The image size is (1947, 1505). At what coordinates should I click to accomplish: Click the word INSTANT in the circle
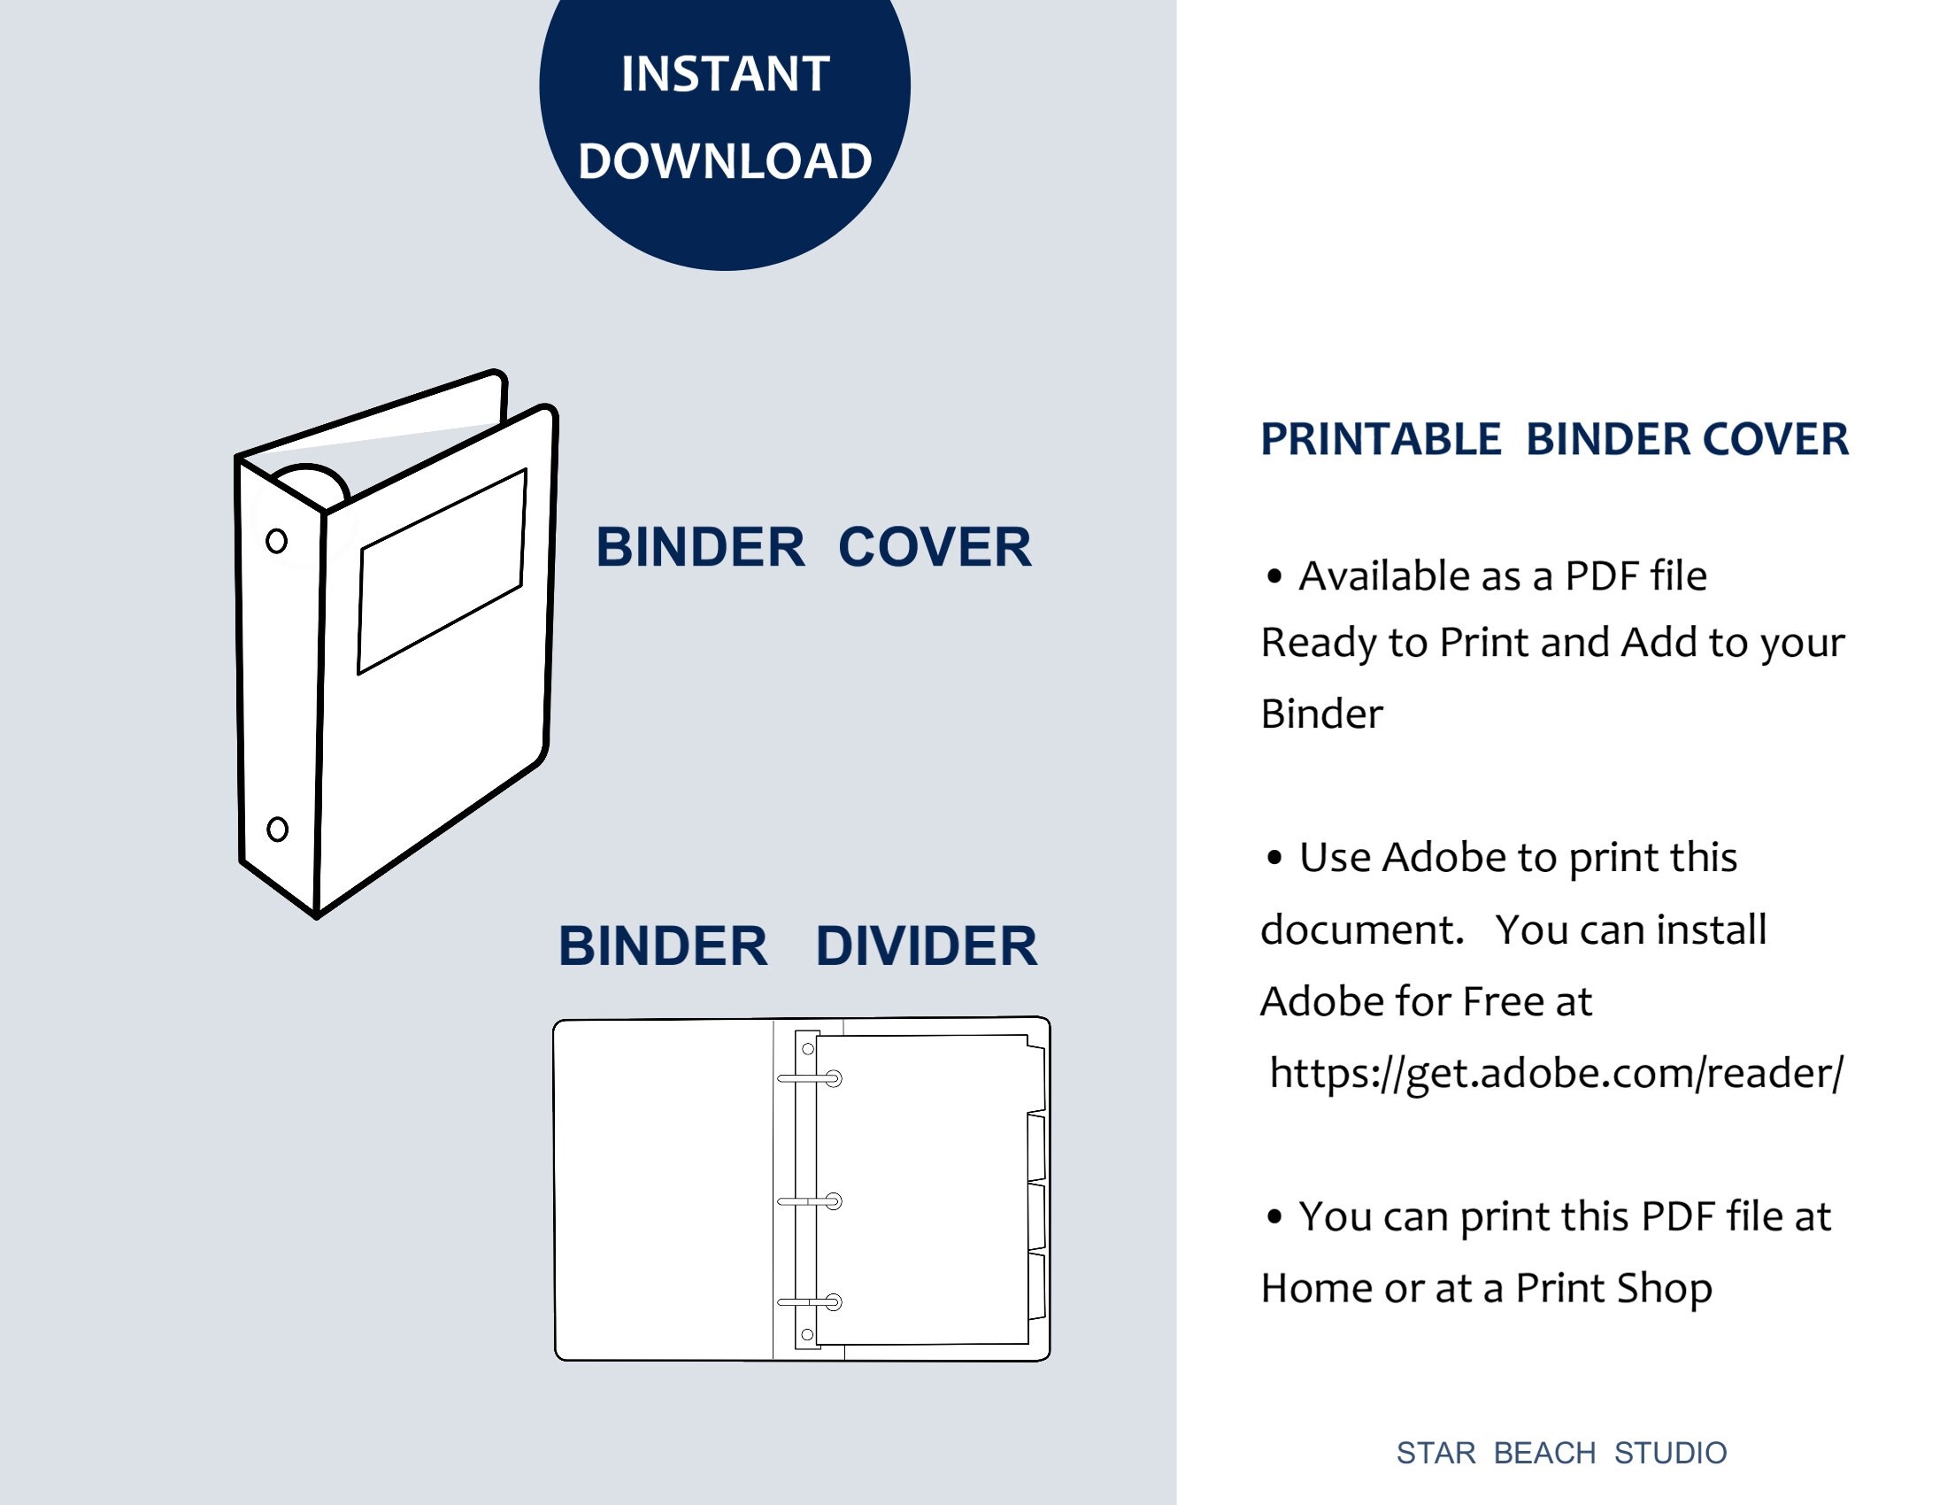(725, 74)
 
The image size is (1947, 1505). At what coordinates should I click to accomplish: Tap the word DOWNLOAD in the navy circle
(725, 161)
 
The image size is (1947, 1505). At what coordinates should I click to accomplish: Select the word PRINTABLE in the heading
(1380, 440)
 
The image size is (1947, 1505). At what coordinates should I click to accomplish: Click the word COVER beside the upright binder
(935, 546)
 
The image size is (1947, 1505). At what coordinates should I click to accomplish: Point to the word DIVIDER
(927, 945)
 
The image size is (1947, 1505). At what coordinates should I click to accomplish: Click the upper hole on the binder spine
(276, 540)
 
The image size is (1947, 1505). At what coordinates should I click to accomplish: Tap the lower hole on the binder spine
(277, 830)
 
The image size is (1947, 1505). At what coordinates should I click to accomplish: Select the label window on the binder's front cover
(442, 571)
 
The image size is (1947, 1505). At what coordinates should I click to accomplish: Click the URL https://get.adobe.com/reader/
(1556, 1073)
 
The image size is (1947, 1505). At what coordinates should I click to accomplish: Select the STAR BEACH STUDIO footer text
(1561, 1454)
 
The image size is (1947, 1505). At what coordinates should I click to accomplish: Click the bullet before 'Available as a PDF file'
(1274, 577)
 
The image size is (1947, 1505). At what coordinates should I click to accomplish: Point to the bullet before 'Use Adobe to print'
(1274, 858)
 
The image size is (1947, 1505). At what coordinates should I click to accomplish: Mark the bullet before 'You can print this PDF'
(1274, 1216)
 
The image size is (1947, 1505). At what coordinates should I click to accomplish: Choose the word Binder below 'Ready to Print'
(1321, 714)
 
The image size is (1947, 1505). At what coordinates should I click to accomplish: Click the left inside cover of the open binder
(662, 1188)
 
